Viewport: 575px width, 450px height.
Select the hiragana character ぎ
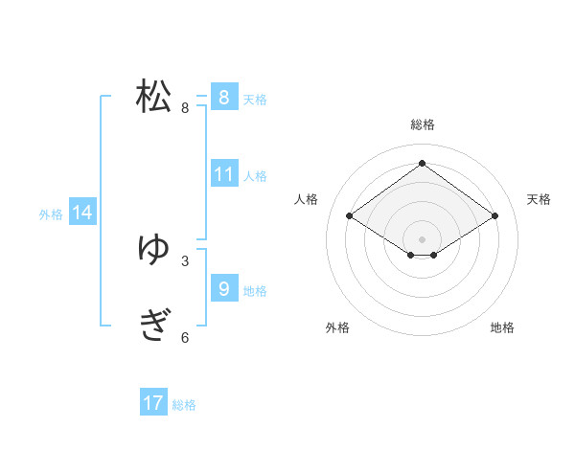click(154, 326)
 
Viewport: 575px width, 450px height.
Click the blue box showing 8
click(223, 98)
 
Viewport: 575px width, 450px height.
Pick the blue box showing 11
click(223, 174)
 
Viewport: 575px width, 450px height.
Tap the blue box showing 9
click(223, 288)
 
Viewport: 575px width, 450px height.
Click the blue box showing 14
click(82, 213)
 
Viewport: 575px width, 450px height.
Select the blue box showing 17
click(153, 403)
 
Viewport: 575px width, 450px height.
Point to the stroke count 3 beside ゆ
click(185, 260)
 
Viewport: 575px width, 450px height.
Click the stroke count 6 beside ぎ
click(185, 337)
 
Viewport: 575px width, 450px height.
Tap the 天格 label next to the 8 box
click(255, 99)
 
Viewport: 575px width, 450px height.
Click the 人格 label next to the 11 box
click(255, 176)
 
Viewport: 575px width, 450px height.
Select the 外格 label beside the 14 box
click(51, 214)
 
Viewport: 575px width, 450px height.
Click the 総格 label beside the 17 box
click(184, 405)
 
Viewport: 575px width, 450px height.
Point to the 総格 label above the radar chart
click(422, 124)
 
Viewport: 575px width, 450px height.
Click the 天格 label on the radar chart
click(539, 199)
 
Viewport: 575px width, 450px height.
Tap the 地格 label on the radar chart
click(502, 327)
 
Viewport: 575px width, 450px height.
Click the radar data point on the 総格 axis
click(422, 163)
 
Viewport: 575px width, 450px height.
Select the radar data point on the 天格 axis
click(495, 216)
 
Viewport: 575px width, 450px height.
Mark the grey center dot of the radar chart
click(422, 238)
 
